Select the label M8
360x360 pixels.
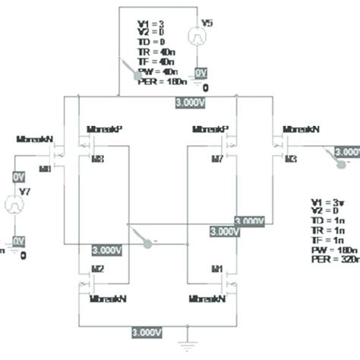[x=96, y=158]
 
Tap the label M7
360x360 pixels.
[x=217, y=158]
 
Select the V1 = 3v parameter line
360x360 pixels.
[x=324, y=201]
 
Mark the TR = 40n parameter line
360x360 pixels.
[x=157, y=50]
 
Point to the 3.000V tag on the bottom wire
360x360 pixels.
[x=146, y=333]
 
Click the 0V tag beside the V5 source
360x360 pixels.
[x=201, y=71]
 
